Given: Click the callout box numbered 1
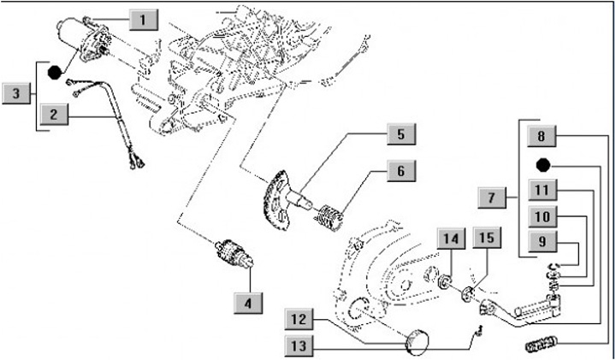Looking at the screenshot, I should (x=143, y=17).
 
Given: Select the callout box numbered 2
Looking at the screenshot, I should (x=54, y=113).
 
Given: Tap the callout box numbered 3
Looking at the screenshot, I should (x=16, y=93).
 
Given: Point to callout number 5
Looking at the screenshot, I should (x=400, y=134).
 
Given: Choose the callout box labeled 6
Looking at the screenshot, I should (x=400, y=170).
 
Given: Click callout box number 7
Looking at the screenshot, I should (x=492, y=198).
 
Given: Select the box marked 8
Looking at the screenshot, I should (x=542, y=135).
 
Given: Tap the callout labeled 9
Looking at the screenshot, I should (x=542, y=242).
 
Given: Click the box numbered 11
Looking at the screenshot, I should (x=542, y=189).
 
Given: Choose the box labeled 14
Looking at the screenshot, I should (x=451, y=237).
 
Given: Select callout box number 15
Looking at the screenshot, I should (x=485, y=237).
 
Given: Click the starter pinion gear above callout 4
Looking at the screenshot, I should (x=233, y=254).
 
